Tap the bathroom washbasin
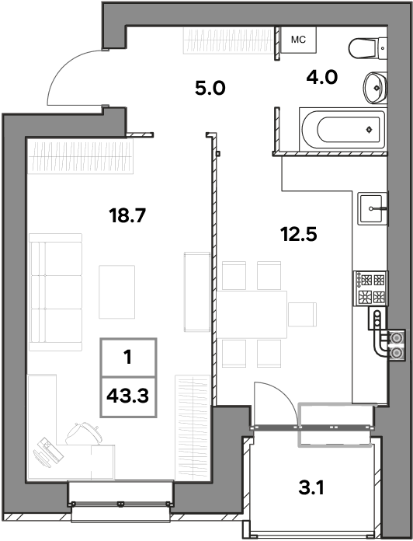376,88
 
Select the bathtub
343,129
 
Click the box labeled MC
298,40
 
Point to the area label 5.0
210,88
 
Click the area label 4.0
322,77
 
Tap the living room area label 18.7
127,215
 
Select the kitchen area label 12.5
299,234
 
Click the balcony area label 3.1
311,488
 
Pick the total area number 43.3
128,396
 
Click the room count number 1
128,357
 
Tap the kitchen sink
373,209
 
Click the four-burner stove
371,288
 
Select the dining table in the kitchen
252,314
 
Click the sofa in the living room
55,292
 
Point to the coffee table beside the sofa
116,291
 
